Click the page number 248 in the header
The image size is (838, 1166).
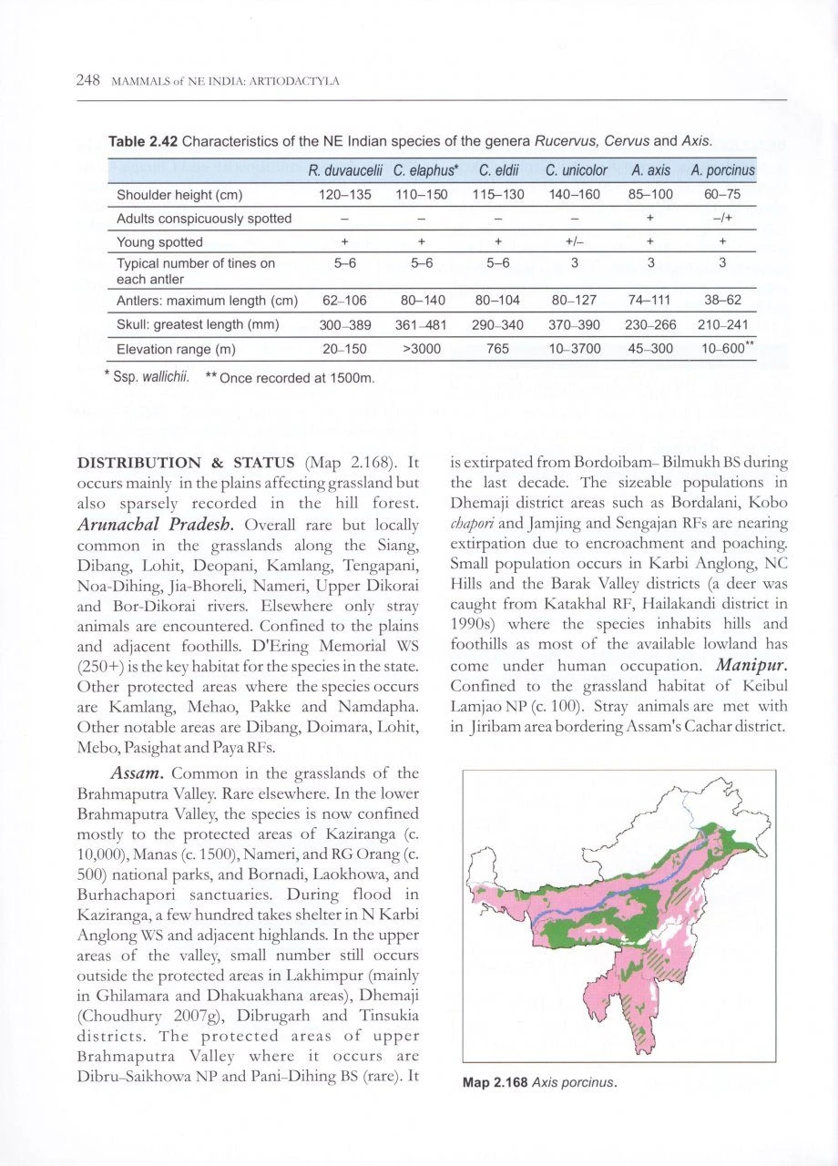[x=87, y=81]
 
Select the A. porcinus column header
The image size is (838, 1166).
[x=722, y=170]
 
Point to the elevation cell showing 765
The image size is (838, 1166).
[x=498, y=348]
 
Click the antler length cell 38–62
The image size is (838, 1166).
[x=723, y=301]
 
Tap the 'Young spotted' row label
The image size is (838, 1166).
[x=159, y=242]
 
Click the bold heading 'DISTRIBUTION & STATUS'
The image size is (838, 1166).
[x=191, y=461]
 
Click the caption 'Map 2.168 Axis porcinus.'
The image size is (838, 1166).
[x=540, y=1083]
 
